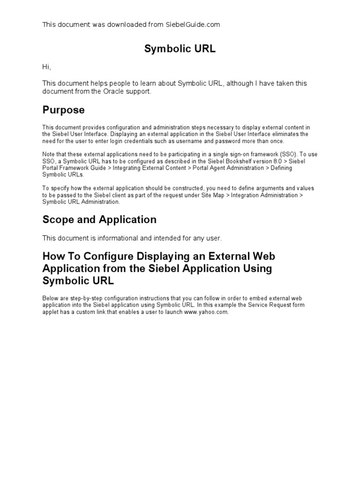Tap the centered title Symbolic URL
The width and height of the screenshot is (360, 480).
180,49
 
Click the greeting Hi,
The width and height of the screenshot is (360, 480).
46,67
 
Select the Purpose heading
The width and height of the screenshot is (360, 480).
64,110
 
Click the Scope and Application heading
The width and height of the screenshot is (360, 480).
99,219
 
